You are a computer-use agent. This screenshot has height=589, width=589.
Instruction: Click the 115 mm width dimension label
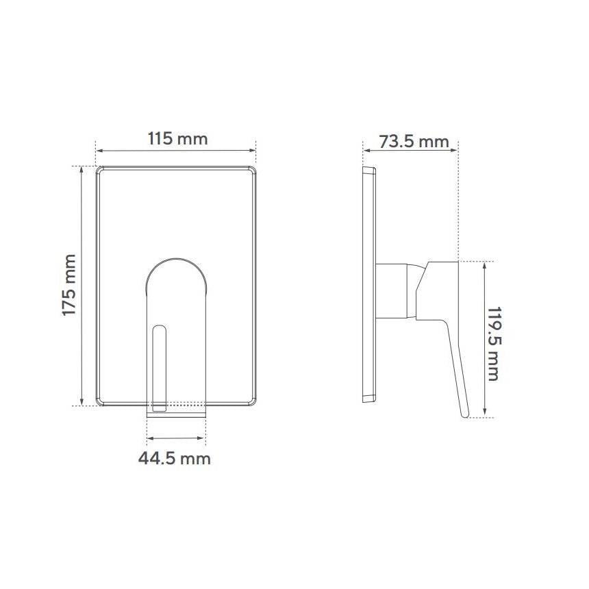click(177, 138)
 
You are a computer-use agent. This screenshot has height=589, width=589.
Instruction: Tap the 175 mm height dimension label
click(69, 286)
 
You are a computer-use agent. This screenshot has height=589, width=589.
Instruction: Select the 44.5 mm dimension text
click(174, 459)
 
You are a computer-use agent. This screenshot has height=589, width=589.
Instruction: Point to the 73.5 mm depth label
click(414, 142)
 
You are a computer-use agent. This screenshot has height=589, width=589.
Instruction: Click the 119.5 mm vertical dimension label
click(494, 344)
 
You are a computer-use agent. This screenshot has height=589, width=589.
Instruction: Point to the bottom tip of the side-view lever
click(466, 416)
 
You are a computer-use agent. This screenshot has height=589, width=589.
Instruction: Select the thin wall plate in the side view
click(369, 285)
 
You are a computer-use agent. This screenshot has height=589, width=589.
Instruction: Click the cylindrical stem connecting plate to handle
click(392, 291)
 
